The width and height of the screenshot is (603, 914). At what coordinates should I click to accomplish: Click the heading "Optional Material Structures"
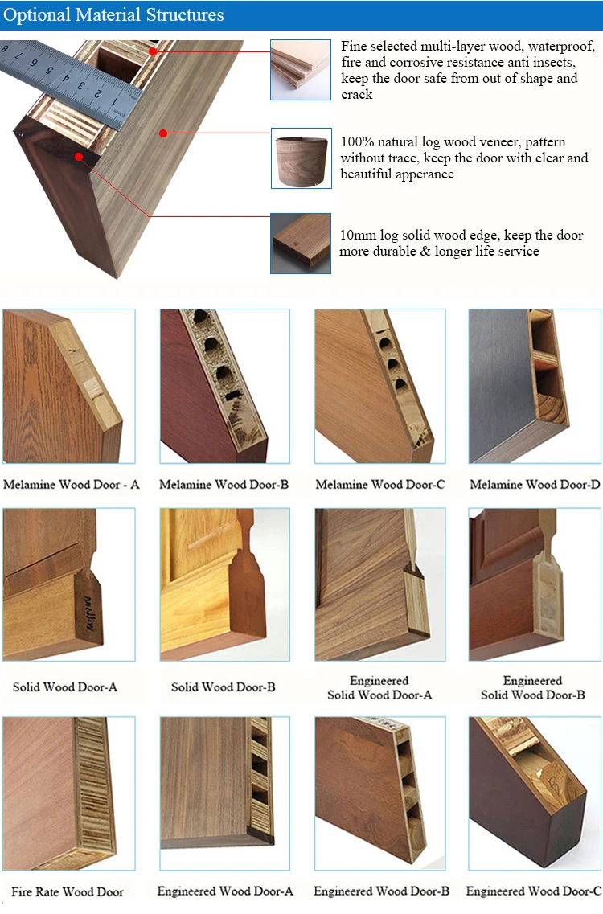point(114,15)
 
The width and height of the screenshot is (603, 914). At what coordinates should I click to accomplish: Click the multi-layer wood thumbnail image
point(300,70)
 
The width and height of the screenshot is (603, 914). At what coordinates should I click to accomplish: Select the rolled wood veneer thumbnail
point(300,158)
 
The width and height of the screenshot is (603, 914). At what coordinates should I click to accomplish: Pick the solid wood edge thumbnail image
point(300,243)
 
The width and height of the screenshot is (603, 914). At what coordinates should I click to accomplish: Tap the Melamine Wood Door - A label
point(72,485)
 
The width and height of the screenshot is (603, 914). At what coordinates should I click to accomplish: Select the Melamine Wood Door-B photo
point(224,386)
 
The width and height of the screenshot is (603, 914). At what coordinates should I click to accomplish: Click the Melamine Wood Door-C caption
point(379,485)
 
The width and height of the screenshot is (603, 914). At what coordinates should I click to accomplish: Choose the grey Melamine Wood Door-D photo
point(534,386)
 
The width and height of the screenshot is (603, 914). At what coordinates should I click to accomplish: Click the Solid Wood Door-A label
point(65,687)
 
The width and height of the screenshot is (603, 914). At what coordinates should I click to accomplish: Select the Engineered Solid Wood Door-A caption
point(379,688)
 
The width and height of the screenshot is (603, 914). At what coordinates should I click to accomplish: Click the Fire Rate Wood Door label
point(68,891)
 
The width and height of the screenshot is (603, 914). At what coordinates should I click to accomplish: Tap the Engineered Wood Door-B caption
point(381,891)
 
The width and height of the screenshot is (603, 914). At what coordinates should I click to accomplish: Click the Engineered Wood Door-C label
point(534,891)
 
